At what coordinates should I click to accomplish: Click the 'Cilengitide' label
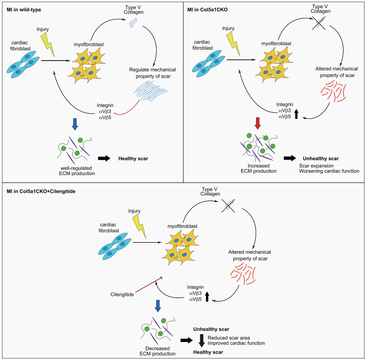[122, 295]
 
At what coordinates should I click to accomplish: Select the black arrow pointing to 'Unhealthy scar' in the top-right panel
[289, 159]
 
